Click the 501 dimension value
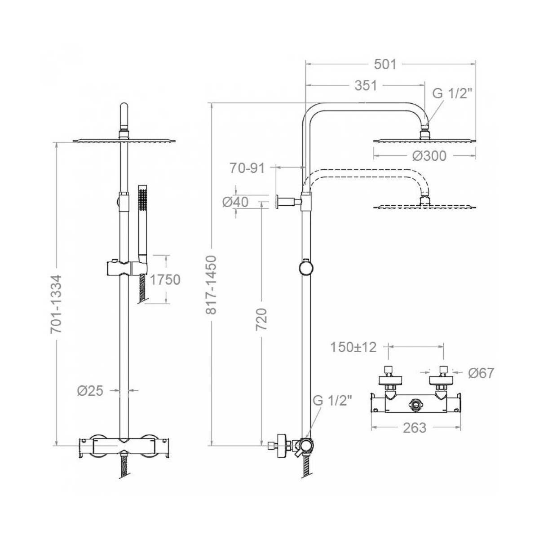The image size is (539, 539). (385, 64)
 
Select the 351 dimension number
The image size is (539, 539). (366, 86)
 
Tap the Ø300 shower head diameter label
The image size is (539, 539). (429, 156)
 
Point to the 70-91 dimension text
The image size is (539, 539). (247, 168)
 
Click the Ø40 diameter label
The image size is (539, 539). (235, 202)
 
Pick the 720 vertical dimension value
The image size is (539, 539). (261, 319)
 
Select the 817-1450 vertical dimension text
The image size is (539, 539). (211, 285)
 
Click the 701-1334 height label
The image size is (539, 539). (56, 305)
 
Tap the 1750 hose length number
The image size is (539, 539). (165, 280)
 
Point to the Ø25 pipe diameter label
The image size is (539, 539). (90, 391)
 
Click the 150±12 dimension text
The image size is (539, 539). (353, 347)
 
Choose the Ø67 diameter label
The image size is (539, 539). (482, 373)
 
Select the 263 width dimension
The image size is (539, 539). (415, 428)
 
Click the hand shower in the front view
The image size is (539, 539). (143, 224)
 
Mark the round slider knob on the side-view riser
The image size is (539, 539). (306, 267)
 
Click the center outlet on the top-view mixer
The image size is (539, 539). (415, 405)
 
